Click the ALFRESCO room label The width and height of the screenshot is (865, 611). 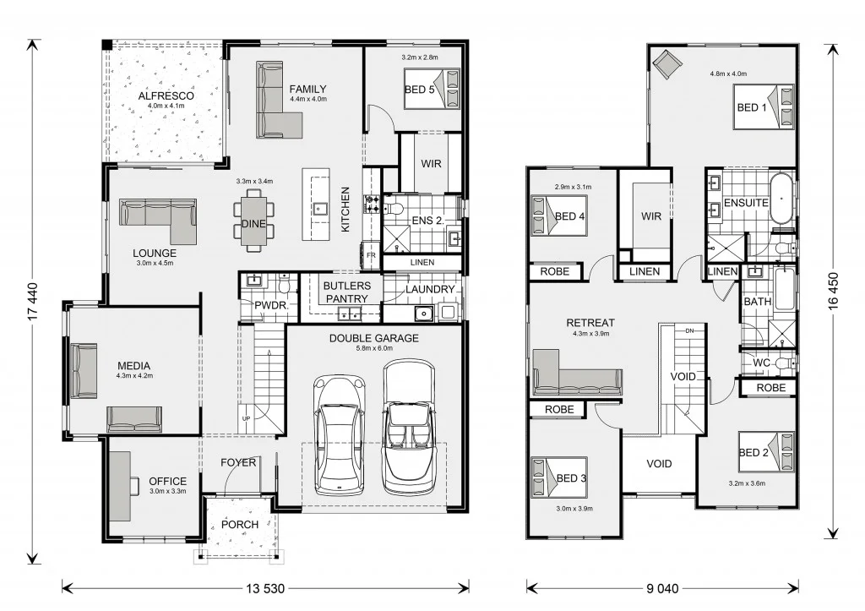click(166, 95)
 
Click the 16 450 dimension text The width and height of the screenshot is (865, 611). click(834, 292)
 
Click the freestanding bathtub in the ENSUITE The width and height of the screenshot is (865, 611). click(781, 199)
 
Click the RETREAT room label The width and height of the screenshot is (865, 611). click(590, 322)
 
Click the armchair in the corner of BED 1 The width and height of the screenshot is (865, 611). click(670, 63)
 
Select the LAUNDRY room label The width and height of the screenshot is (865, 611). click(430, 289)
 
